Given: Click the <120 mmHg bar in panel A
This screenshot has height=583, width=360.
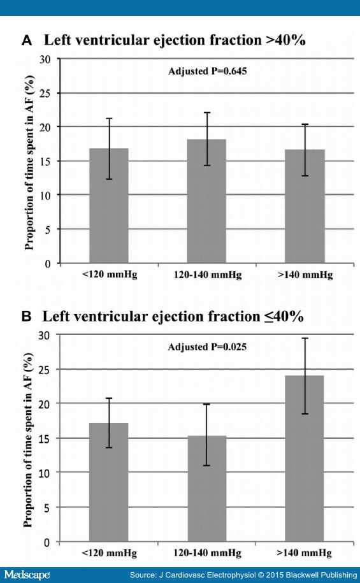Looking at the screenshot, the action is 109,206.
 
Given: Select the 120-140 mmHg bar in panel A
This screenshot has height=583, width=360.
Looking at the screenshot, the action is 206,201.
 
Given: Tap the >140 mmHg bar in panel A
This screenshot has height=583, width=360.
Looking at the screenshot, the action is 305,206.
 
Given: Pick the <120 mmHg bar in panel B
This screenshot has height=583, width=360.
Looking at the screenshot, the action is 108,482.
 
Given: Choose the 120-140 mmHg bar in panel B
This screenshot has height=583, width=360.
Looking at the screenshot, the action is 207,489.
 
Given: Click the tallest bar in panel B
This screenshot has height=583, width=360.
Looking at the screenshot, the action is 304,459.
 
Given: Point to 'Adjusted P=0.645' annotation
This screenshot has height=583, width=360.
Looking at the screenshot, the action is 208,71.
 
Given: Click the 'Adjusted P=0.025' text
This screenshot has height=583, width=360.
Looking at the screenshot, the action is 207,347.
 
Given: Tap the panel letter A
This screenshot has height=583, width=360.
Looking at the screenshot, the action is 26,41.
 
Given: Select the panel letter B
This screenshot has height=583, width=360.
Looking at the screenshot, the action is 26,317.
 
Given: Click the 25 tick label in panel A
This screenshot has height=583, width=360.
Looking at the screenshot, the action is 45,93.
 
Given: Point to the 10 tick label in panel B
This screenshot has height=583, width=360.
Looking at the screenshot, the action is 45,473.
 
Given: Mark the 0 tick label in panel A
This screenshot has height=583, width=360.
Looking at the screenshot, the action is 48,264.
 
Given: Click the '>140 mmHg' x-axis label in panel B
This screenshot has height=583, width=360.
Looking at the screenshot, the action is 304,553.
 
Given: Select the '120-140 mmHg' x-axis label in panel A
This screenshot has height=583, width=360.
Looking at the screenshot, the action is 208,275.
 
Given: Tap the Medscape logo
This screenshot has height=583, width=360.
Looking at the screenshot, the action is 27,575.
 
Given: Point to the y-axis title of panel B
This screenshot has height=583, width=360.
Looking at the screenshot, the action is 28,440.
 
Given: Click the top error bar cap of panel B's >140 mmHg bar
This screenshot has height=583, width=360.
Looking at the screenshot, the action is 305,338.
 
